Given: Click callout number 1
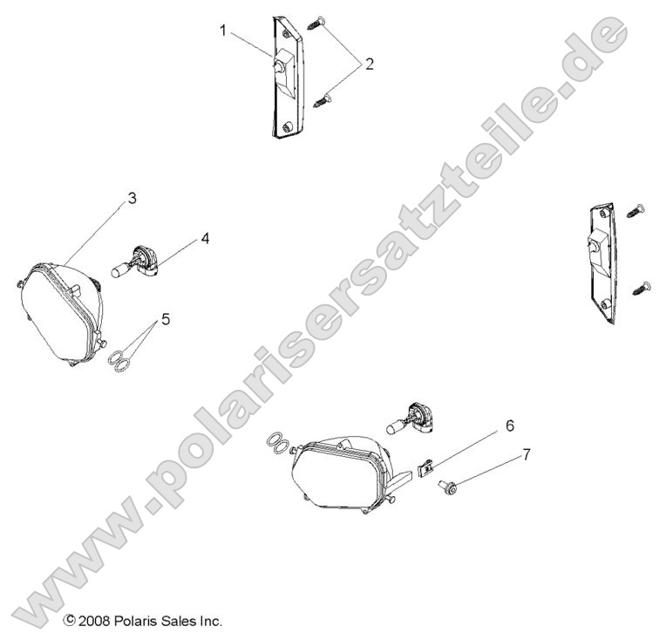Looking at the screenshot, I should (x=223, y=31).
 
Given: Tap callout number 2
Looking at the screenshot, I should (x=369, y=64).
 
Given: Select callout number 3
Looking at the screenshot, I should (x=131, y=198).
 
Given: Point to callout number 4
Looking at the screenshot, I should (x=204, y=236).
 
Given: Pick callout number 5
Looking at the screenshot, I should (x=165, y=318).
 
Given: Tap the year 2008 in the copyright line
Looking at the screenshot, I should (x=93, y=622).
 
